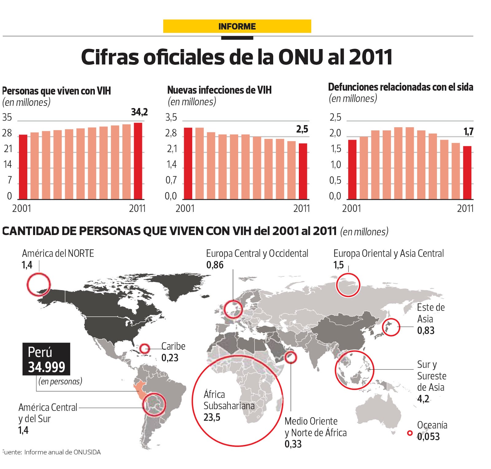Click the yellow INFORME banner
pos(237,26)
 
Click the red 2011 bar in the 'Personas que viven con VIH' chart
pos(138,161)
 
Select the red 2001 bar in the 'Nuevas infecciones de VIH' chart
pos(188,163)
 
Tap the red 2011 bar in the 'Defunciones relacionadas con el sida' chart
pos(467,172)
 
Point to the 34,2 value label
pos(139,112)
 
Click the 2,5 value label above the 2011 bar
pos(302,129)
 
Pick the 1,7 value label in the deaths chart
pos(468,132)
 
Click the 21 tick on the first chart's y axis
pos(8,149)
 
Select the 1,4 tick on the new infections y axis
pos(172,165)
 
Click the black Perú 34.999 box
pos(46,359)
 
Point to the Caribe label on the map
pos(173,346)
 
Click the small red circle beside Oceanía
pos(410,433)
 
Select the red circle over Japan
pos(391,327)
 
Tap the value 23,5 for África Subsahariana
pos(212,417)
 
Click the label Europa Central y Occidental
pos(257,253)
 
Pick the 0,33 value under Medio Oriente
pos(293,444)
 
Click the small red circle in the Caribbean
pos(145,348)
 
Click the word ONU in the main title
pos(300,57)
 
